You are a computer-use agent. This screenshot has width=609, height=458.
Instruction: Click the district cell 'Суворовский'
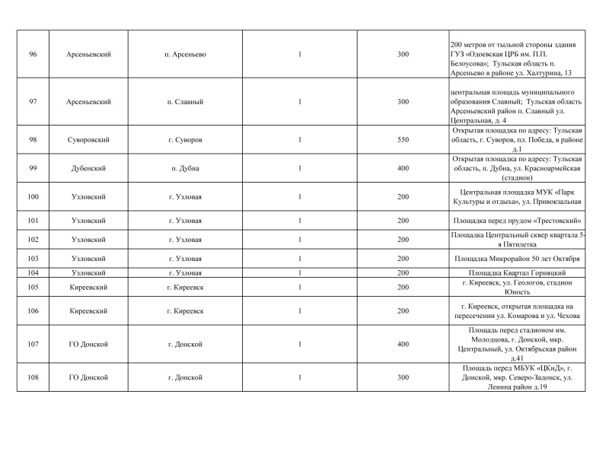click(x=88, y=141)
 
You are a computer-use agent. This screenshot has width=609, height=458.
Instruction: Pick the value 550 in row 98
click(x=403, y=141)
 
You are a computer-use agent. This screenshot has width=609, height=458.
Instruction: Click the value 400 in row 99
click(x=403, y=168)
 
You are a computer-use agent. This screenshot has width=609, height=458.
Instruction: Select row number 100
click(x=33, y=197)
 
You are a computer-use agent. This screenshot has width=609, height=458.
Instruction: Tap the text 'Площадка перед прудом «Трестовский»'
click(x=518, y=221)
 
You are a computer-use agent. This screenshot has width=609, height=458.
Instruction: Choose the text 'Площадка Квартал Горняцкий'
click(x=518, y=272)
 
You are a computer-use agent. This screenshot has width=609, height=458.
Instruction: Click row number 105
click(x=33, y=287)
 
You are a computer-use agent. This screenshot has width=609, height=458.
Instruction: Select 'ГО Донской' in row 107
click(x=88, y=345)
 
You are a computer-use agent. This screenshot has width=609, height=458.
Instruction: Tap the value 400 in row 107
click(x=403, y=345)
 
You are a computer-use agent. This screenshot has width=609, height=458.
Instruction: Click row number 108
click(x=33, y=377)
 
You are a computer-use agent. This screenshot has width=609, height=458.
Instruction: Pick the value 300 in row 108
click(x=403, y=377)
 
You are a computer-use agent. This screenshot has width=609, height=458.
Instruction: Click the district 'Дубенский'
click(x=88, y=168)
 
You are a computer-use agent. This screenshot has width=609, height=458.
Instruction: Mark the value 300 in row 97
click(x=403, y=102)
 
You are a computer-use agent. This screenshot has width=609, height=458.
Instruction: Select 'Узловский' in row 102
click(x=88, y=240)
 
